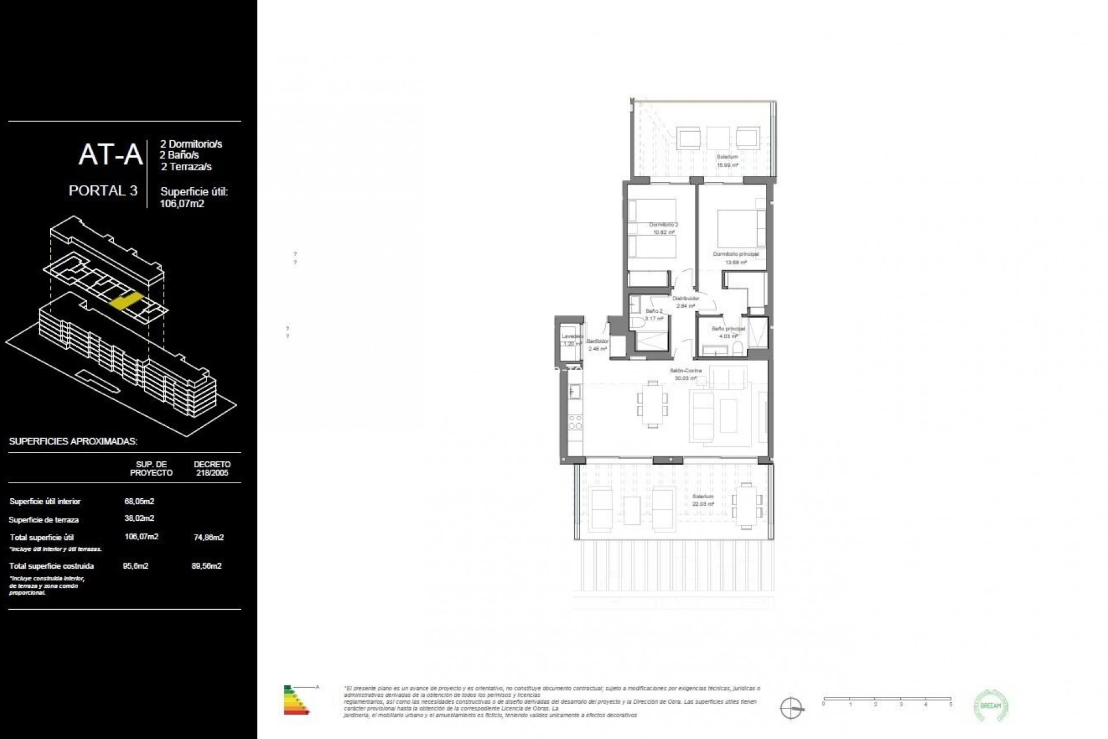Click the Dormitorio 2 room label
(x=664, y=225)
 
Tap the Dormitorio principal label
(x=735, y=254)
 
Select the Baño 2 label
(x=654, y=311)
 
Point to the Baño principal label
(x=728, y=329)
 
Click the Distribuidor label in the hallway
(x=685, y=298)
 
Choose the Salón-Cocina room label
(x=686, y=371)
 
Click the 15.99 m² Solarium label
(x=727, y=157)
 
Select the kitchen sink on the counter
(x=574, y=393)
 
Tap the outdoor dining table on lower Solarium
(x=747, y=506)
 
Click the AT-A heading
(x=111, y=155)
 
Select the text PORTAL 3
(x=103, y=191)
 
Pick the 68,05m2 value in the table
(x=139, y=501)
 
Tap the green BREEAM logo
(x=991, y=706)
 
